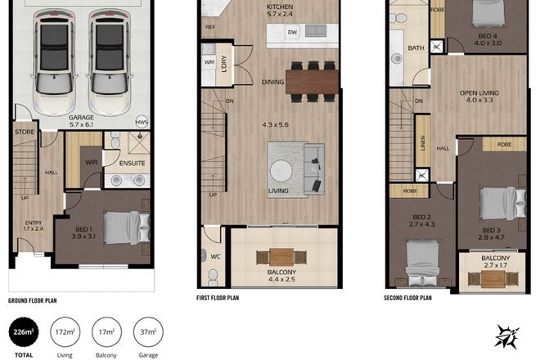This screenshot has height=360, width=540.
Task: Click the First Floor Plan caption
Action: point(218,298)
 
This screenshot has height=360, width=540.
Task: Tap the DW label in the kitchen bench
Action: point(293,33)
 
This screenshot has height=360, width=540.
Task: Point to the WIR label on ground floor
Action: point(91,162)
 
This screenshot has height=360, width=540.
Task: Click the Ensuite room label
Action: point(131,163)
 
